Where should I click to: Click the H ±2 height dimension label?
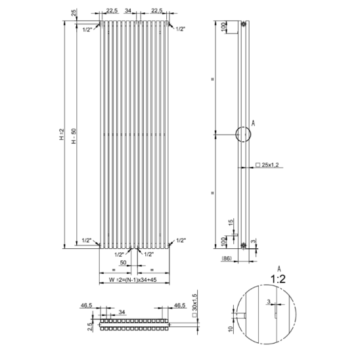[62, 134]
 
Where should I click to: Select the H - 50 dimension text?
[74, 136]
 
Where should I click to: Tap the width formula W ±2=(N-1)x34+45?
[133, 280]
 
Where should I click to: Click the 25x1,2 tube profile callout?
[267, 165]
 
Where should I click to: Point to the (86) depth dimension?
[227, 258]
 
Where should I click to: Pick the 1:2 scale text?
[278, 279]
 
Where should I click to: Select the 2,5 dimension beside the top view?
[91, 327]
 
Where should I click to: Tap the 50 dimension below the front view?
[123, 262]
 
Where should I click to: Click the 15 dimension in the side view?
[231, 222]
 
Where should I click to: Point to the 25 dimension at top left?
[74, 13]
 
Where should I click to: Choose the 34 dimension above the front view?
[127, 11]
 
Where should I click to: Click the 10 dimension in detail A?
[231, 329]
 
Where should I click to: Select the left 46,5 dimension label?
[86, 305]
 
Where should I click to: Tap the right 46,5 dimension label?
[179, 305]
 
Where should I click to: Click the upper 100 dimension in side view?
[223, 27]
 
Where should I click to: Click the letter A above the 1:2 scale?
[279, 269]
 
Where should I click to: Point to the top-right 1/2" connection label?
[181, 29]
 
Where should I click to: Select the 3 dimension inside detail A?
[269, 302]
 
